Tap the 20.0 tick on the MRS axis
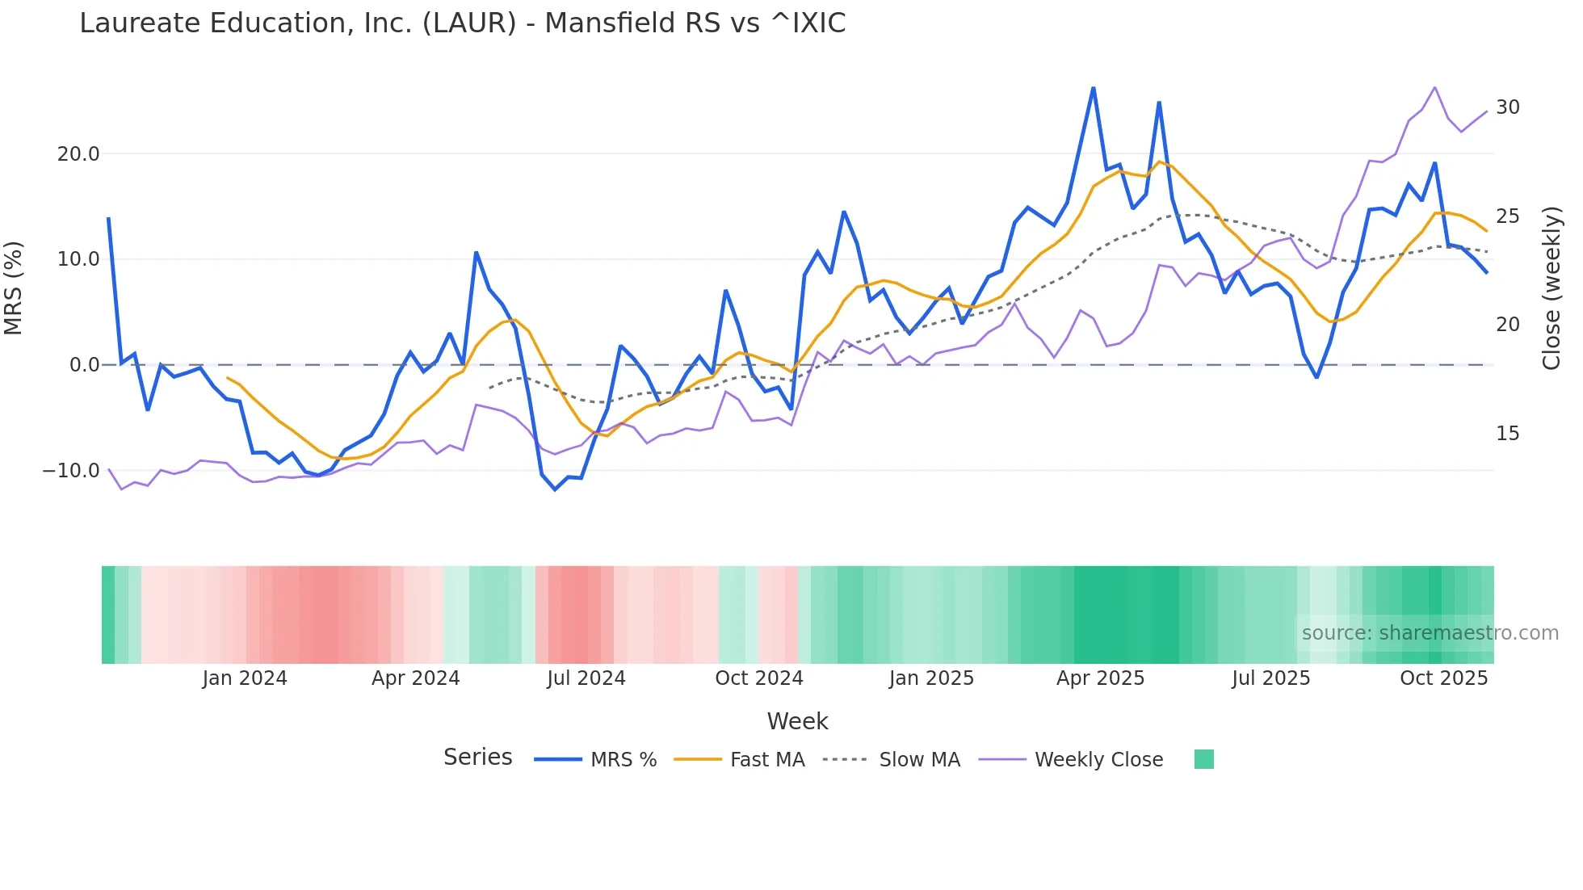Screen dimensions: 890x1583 point(78,154)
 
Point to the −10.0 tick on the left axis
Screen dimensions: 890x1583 point(71,471)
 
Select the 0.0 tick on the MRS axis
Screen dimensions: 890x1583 point(85,365)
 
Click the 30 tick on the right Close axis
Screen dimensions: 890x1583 point(1507,107)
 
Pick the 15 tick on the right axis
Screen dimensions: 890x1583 point(1507,434)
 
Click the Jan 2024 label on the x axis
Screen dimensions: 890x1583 point(245,678)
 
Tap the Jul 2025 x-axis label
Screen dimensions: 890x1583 point(1270,678)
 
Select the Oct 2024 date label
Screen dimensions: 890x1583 point(759,678)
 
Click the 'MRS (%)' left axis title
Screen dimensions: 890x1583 point(14,288)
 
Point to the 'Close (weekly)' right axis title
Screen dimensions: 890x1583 point(1552,288)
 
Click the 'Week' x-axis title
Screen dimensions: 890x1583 point(797,721)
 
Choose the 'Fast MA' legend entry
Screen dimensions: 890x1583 point(767,760)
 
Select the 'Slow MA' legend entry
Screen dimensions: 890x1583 point(919,760)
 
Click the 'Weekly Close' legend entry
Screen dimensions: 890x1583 point(1098,760)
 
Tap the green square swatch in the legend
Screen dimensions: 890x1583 point(1203,759)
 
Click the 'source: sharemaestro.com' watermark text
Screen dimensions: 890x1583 point(1430,633)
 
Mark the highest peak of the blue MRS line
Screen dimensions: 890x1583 point(1094,88)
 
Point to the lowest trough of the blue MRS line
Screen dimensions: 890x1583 point(555,489)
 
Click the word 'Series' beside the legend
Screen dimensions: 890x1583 point(478,758)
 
